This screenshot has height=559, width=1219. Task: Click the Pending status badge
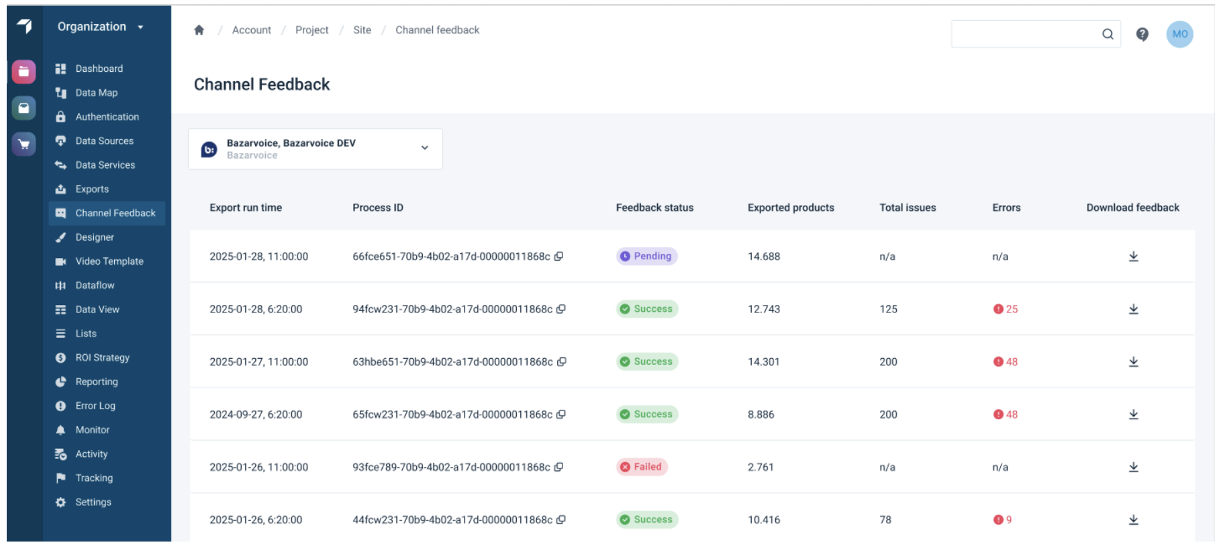(x=646, y=256)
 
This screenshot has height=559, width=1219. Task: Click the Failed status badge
(x=642, y=467)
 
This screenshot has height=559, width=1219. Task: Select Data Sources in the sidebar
(x=104, y=141)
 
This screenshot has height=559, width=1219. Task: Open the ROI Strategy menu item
(x=102, y=357)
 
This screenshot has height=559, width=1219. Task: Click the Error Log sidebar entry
(x=95, y=406)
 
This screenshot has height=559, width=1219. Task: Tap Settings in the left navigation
(x=93, y=502)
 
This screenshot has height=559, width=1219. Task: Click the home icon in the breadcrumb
(x=199, y=30)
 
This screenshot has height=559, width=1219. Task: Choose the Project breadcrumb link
(x=311, y=30)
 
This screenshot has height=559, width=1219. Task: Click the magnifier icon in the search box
(x=1108, y=34)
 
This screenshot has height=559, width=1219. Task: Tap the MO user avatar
(x=1179, y=34)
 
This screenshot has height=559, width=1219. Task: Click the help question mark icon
(x=1142, y=34)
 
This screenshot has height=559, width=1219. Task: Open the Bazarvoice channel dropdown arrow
(x=424, y=148)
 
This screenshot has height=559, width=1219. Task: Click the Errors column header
(x=1006, y=208)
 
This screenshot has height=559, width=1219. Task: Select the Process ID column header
(x=377, y=208)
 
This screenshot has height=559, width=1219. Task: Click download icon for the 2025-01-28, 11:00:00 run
(x=1133, y=257)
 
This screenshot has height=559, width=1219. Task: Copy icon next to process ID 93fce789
(x=558, y=467)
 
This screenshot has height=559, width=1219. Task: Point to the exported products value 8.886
(x=761, y=415)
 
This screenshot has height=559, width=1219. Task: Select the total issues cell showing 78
(x=885, y=520)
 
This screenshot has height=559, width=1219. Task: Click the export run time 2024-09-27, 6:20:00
(x=255, y=415)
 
